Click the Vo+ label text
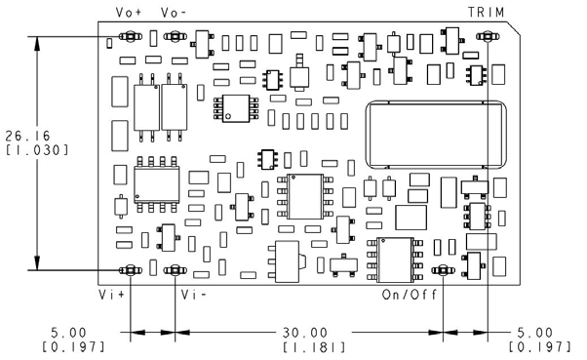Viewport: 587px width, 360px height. [130, 13]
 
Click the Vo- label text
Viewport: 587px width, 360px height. [175, 13]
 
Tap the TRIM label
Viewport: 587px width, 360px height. [486, 12]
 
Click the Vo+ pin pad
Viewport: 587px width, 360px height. [131, 37]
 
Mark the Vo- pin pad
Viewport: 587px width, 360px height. [174, 37]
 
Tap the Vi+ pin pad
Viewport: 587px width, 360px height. [131, 270]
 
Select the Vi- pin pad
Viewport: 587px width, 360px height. [174, 270]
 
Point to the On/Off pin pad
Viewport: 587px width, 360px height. [442, 270]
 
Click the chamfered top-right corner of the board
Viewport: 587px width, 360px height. [516, 30]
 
